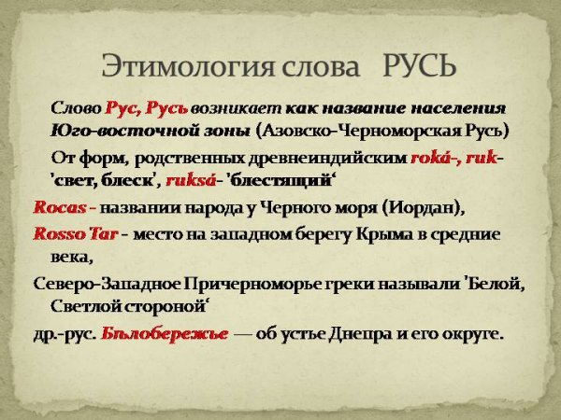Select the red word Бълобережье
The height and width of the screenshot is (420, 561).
[x=164, y=334]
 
